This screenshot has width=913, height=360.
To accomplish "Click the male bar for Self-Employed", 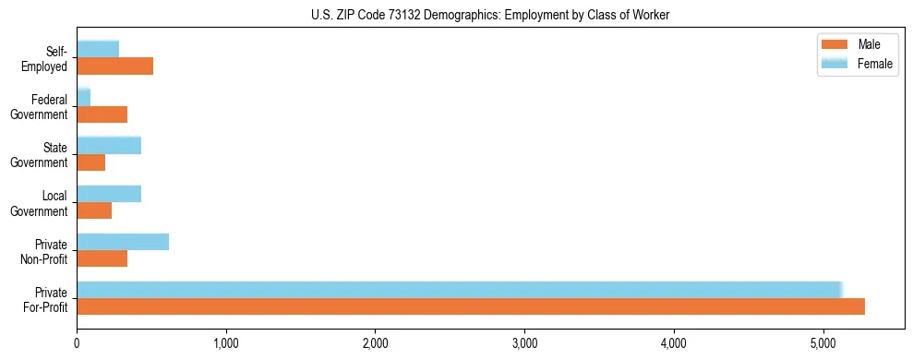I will [115, 66].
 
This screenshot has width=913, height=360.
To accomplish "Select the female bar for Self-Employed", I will [98, 49].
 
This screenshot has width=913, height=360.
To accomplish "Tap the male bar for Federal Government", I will [102, 114].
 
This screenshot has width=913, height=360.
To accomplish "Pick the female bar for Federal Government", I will [84, 97].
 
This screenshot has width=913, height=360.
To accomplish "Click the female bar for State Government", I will [109, 145].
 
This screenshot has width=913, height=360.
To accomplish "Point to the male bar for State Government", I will [91, 162].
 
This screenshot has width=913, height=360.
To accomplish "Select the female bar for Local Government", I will [109, 193].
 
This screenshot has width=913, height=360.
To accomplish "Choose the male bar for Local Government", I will [94, 210].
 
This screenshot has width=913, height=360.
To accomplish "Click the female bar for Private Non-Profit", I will [123, 242].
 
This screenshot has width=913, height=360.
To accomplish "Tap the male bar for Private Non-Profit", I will [102, 258].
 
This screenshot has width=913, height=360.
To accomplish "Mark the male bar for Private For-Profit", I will [471, 306].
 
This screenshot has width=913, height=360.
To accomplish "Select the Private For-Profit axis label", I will [45, 299].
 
